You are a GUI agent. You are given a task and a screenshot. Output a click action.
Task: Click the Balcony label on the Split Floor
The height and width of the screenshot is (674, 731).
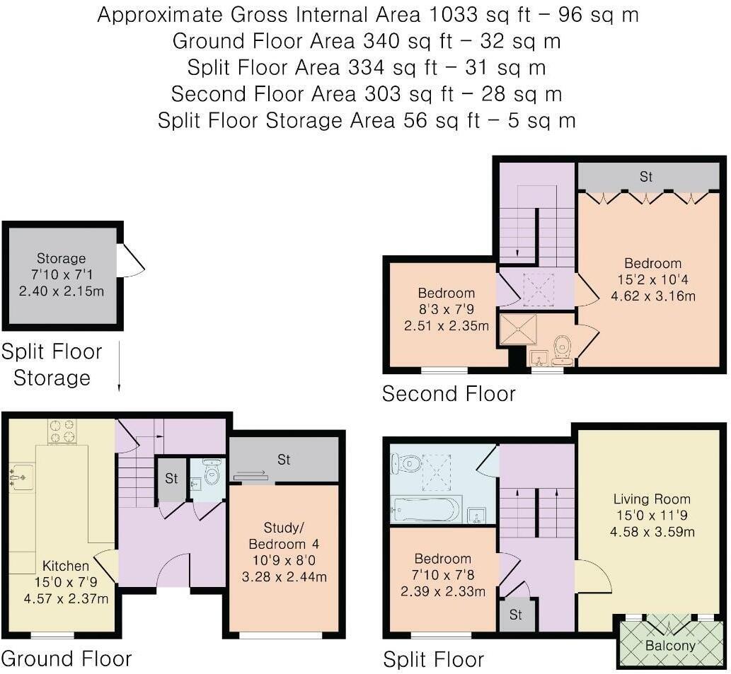(x=670, y=645)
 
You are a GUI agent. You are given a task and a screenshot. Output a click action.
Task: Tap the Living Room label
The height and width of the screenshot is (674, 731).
(x=652, y=499)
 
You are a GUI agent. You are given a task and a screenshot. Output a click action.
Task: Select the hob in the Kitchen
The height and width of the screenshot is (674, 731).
(x=62, y=431)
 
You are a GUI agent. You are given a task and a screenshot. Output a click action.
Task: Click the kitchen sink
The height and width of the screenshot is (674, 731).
(x=21, y=477)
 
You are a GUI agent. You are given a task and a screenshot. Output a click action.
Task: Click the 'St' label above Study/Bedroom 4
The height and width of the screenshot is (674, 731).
(x=284, y=460)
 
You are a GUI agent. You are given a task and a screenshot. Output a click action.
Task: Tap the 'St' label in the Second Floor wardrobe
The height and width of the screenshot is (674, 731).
(x=646, y=177)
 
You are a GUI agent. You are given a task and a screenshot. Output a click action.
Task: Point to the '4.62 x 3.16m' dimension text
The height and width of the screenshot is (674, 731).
(x=653, y=296)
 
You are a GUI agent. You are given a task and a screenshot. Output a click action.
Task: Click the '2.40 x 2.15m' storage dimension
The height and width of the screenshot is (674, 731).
(x=62, y=291)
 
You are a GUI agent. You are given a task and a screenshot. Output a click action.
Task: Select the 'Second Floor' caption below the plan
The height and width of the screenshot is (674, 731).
(x=449, y=393)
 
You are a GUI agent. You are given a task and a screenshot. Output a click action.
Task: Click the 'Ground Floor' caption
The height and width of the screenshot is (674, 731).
(x=66, y=658)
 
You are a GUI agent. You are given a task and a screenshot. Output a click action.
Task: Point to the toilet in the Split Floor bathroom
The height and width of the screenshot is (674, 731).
(x=408, y=463)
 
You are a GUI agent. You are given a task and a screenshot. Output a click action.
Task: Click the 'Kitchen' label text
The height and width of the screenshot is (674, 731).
(x=66, y=566)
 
